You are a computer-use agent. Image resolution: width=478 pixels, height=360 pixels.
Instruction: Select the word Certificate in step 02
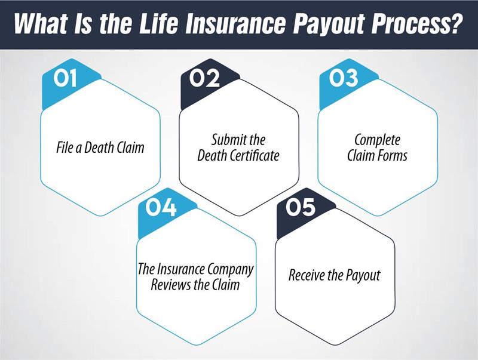[256, 157]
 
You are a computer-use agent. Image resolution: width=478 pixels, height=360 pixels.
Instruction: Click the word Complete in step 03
[378, 140]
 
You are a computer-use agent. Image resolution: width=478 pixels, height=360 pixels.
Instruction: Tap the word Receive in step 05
[308, 276]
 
